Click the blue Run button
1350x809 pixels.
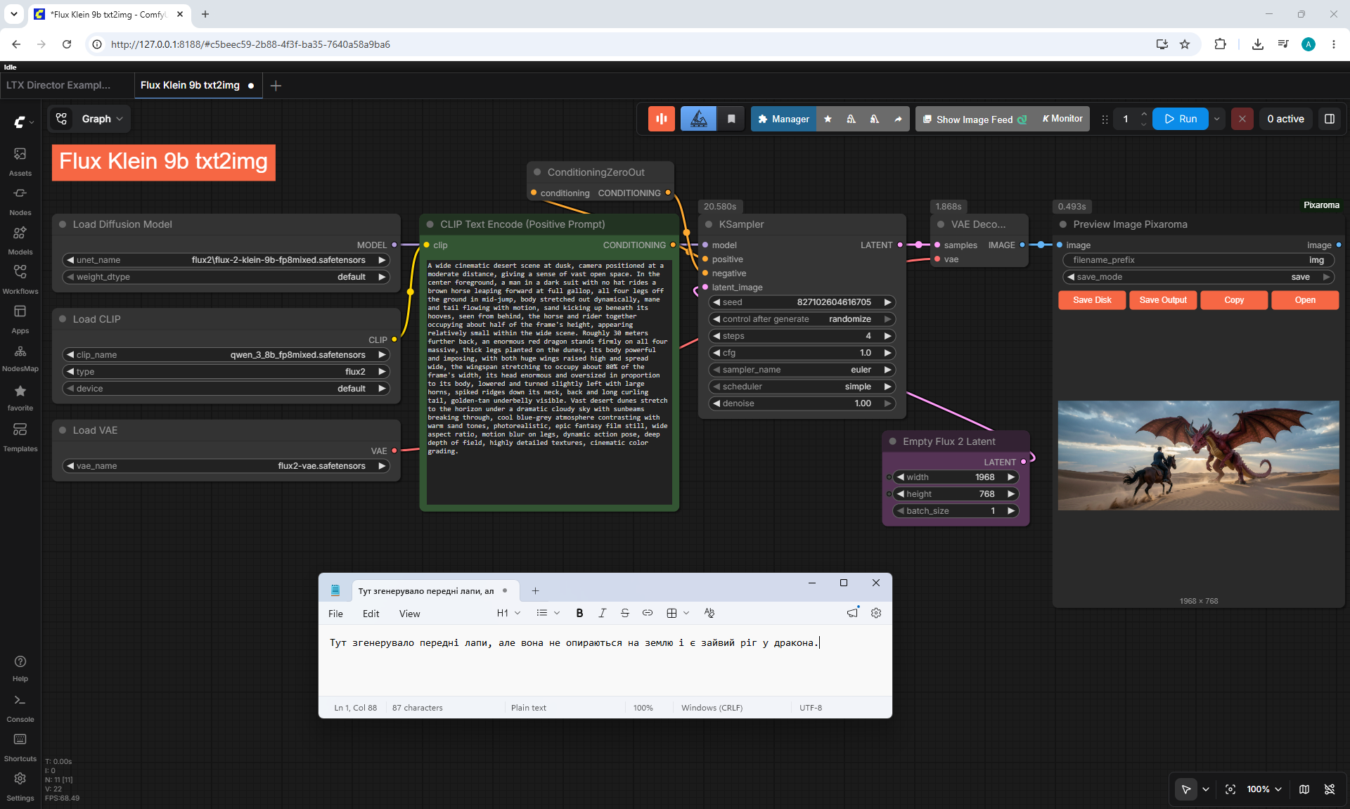(x=1180, y=119)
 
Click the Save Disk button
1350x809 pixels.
(x=1092, y=300)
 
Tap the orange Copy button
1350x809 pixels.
(x=1234, y=300)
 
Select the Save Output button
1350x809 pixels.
(x=1163, y=300)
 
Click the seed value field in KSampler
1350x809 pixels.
(x=802, y=302)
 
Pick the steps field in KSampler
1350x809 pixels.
(x=802, y=336)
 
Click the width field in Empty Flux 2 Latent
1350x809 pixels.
(x=956, y=477)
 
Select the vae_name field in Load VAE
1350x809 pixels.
(x=226, y=466)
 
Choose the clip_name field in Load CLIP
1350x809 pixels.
(x=226, y=355)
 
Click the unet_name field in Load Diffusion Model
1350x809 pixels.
(x=226, y=260)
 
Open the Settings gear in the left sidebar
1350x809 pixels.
(x=20, y=779)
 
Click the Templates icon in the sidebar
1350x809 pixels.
(x=20, y=429)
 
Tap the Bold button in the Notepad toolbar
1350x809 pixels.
(x=579, y=613)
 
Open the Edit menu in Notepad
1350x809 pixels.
(x=371, y=614)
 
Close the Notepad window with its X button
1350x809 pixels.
(x=876, y=583)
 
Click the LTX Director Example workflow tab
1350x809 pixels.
(x=58, y=85)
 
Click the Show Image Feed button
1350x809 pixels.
(x=975, y=119)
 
